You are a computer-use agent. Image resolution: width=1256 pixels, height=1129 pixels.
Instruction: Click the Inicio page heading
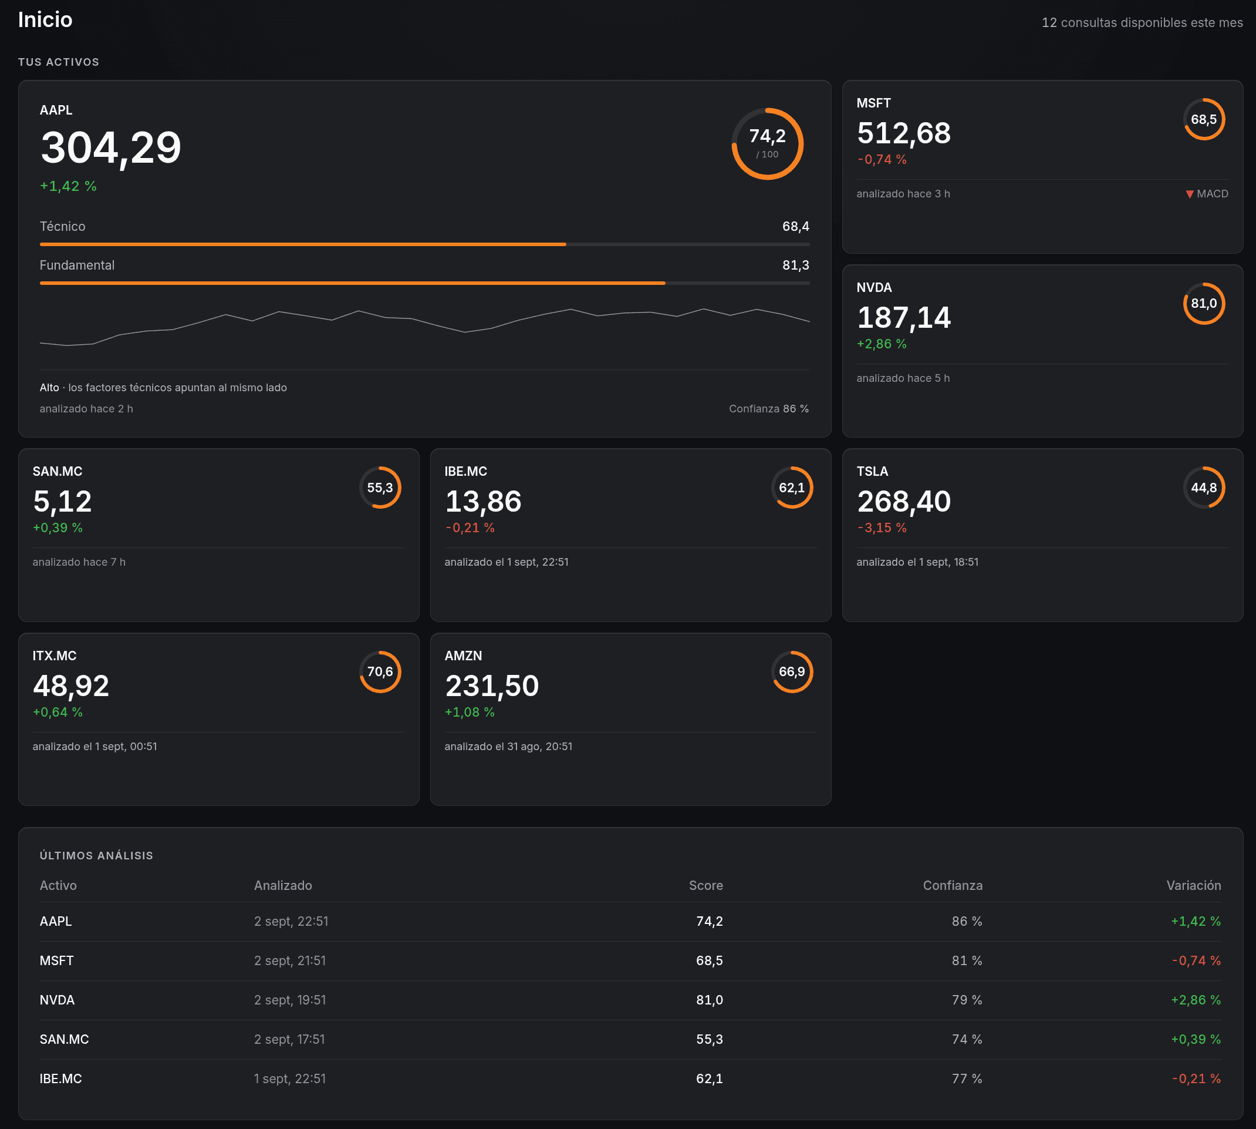pos(45,20)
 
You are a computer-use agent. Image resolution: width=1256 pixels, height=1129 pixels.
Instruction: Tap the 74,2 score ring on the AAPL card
pos(768,109)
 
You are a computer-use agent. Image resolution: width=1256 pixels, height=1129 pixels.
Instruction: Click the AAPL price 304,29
pos(111,147)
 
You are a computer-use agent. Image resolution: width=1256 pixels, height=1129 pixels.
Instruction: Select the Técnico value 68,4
pos(795,226)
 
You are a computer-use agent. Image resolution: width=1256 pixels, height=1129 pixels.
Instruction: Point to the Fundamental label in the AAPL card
pos(77,266)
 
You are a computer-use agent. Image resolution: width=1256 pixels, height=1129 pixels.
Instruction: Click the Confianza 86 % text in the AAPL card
pos(769,409)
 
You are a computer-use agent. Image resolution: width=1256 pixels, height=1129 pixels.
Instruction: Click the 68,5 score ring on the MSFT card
pos(1204,99)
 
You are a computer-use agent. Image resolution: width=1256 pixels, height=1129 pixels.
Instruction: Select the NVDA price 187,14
pos(903,318)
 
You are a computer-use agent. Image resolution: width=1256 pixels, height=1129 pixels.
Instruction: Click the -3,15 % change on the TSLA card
pos(882,528)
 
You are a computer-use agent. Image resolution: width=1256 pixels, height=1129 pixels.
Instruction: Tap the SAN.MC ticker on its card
pos(57,472)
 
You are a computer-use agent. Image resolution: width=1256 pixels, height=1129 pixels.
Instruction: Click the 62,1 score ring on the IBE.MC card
pos(792,467)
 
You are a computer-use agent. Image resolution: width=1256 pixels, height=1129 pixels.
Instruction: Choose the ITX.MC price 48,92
pos(70,686)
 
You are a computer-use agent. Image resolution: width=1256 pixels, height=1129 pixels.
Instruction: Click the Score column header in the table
pos(705,886)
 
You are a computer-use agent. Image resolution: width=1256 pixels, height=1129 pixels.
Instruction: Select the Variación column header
pos(1193,886)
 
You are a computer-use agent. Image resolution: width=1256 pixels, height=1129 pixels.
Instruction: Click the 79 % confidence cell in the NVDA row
pos(967,1000)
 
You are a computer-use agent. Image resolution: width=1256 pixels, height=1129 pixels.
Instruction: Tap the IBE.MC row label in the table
pos(61,1078)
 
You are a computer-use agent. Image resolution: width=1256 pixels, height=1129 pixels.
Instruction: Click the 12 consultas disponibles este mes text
pos(1142,23)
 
